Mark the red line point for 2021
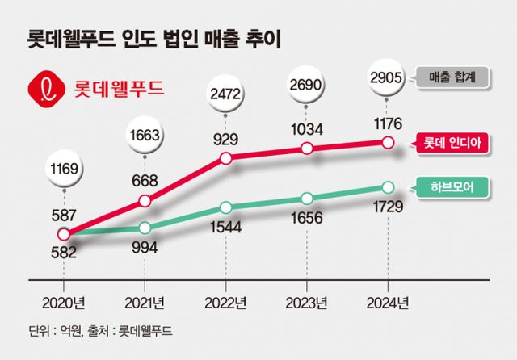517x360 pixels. pos(145,200)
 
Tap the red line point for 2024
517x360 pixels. pos(388,143)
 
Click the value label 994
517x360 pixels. pos(145,247)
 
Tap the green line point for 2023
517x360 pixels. pos(306,198)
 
